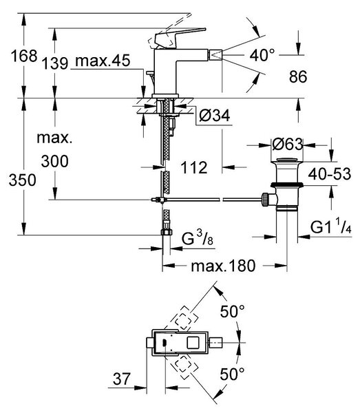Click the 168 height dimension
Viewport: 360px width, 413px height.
click(23, 56)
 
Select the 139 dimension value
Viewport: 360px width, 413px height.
click(55, 63)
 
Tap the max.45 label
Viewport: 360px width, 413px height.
click(103, 61)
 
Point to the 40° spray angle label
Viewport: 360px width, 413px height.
click(262, 55)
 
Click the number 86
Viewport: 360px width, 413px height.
click(298, 76)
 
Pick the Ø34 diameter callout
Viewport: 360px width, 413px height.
click(214, 115)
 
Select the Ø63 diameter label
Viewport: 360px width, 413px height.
click(288, 144)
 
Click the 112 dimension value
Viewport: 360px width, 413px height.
click(194, 167)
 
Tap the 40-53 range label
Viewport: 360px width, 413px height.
click(330, 174)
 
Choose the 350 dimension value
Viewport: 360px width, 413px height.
click(23, 180)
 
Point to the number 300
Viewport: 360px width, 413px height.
click(55, 161)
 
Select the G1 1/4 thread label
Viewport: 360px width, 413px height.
click(331, 227)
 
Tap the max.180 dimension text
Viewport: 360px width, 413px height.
click(223, 266)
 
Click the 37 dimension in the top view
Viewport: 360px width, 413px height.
click(121, 379)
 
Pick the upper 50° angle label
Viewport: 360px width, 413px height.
click(232, 311)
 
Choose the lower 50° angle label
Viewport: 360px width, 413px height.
click(232, 374)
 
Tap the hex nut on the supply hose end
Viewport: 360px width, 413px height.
click(166, 232)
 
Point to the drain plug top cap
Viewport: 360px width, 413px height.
click(287, 160)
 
